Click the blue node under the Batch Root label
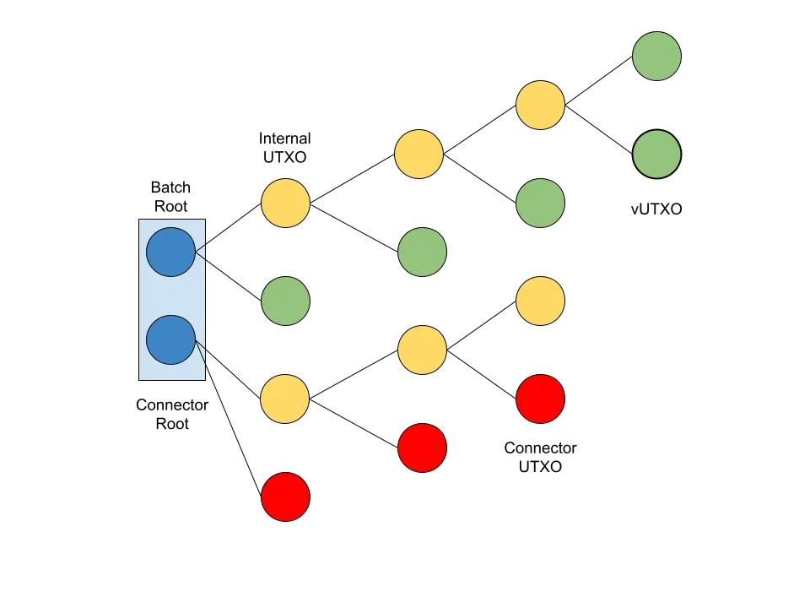[170, 252]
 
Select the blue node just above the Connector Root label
[170, 340]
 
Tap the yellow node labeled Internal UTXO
[285, 203]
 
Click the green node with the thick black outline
[656, 155]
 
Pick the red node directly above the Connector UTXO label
[540, 399]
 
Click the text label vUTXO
[656, 209]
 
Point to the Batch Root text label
[170, 197]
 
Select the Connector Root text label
[172, 415]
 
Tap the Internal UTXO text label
[284, 148]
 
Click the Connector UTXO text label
[540, 457]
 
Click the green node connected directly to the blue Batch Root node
[285, 301]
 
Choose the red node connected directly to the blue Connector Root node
[285, 497]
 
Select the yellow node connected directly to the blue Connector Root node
[285, 399]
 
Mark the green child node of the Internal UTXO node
[422, 252]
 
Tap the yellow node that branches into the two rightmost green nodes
[540, 105]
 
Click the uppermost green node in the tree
[656, 57]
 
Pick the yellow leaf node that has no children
[540, 301]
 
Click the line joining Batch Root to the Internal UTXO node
[228, 227]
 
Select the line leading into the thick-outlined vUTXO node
[598, 129]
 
